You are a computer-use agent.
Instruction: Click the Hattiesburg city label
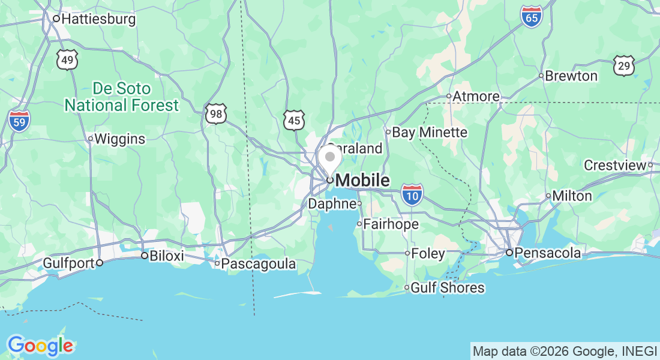[98, 19]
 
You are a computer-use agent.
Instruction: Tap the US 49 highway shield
[68, 59]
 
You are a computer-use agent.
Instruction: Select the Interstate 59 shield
[19, 121]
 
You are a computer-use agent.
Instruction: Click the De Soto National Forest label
[121, 97]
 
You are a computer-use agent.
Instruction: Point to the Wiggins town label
[120, 139]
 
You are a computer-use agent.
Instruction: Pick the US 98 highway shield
[216, 113]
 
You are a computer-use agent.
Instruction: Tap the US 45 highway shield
[294, 120]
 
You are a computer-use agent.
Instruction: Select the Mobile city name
[362, 180]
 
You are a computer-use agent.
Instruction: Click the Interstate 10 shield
[412, 195]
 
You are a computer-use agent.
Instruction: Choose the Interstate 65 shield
[531, 17]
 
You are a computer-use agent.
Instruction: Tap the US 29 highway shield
[624, 65]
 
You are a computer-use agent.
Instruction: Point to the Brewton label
[572, 76]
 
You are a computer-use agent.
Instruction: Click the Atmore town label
[476, 97]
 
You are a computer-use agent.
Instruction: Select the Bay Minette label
[430, 133]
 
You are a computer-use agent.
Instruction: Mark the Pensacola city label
[547, 253]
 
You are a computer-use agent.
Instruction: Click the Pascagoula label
[259, 264]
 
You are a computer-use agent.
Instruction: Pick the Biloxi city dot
[144, 256]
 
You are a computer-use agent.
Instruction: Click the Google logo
[40, 346]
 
